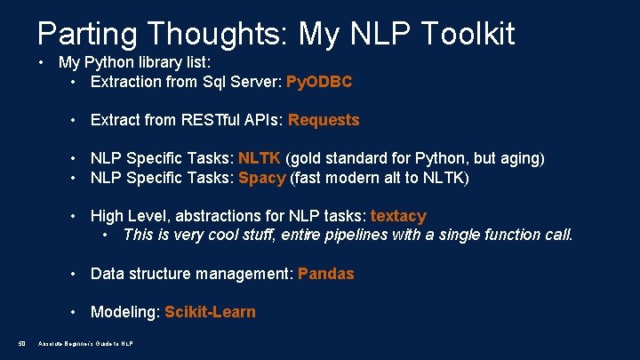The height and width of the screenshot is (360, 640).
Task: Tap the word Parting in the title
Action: pyautogui.click(x=86, y=34)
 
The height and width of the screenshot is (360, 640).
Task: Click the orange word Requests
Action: pyautogui.click(x=324, y=120)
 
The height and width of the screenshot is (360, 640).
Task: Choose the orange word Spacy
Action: pyautogui.click(x=261, y=177)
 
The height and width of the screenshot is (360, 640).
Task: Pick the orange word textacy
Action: pyautogui.click(x=398, y=216)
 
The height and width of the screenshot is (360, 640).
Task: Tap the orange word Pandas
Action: pyautogui.click(x=325, y=274)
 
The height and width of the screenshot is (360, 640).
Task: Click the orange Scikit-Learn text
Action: pyautogui.click(x=210, y=312)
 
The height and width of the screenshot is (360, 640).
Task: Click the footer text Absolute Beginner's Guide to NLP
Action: pyautogui.click(x=85, y=344)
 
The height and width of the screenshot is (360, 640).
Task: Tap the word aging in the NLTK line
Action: pyautogui.click(x=519, y=158)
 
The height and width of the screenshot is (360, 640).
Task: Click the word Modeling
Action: pyautogui.click(x=124, y=312)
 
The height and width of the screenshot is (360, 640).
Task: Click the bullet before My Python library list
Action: pyautogui.click(x=42, y=62)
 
